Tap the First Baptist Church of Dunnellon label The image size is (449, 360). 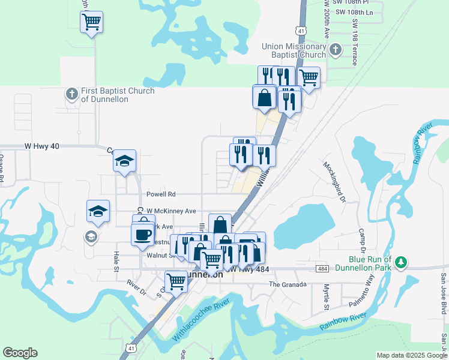(x=110, y=95)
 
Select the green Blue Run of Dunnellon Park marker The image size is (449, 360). (x=401, y=263)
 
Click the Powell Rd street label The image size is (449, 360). (x=161, y=194)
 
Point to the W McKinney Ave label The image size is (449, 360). (x=171, y=211)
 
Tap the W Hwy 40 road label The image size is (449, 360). (x=43, y=146)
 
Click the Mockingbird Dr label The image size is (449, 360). (x=334, y=181)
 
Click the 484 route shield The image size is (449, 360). (x=323, y=268)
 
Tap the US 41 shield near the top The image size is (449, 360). (x=300, y=29)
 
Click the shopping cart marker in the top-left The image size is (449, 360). (x=91, y=22)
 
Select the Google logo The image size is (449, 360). (x=20, y=353)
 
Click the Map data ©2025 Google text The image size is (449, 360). (x=411, y=355)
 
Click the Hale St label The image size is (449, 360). (x=116, y=261)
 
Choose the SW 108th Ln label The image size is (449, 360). (x=354, y=12)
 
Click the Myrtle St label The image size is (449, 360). (x=327, y=293)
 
